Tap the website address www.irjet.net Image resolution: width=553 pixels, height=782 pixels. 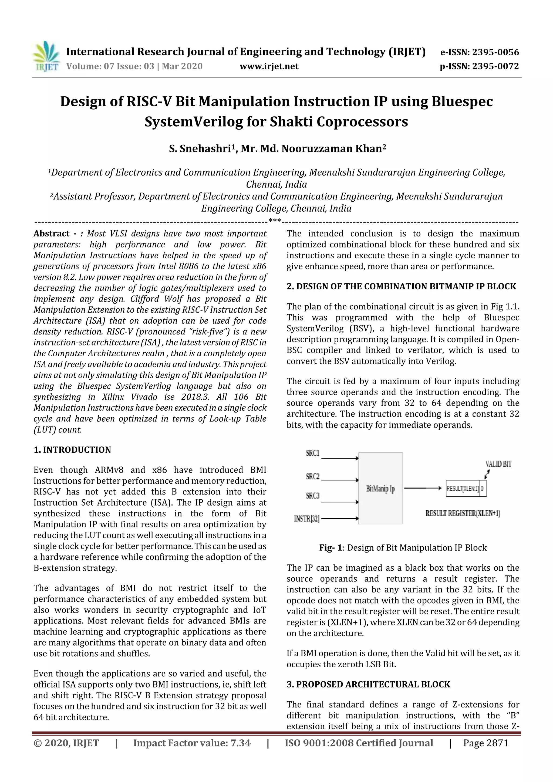(x=269, y=66)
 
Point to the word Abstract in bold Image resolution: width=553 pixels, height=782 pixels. (x=52, y=234)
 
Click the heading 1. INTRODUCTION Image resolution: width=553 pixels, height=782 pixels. (x=72, y=450)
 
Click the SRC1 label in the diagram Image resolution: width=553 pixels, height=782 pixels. (x=312, y=453)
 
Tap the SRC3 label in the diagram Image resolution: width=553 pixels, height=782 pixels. (x=312, y=496)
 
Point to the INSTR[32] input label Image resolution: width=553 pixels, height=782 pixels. (x=307, y=519)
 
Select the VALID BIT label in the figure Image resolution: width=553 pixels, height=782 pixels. (x=498, y=464)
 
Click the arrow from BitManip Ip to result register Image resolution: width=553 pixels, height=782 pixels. (x=423, y=488)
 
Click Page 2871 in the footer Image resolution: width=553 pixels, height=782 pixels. (x=485, y=743)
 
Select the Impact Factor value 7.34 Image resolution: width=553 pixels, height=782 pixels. (x=192, y=743)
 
